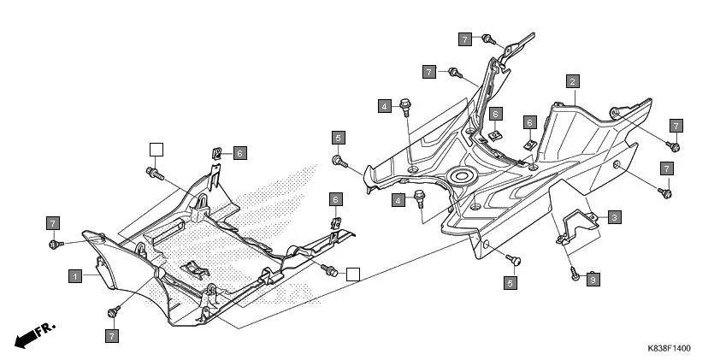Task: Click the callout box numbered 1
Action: tap(76, 276)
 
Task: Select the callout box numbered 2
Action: tap(573, 82)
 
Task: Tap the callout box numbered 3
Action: tap(615, 218)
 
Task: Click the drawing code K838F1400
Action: tap(669, 349)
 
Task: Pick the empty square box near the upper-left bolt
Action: tap(156, 150)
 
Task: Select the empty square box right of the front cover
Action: tap(352, 274)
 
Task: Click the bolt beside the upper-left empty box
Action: tap(155, 173)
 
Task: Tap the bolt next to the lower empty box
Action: tap(328, 271)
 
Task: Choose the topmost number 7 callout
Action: tap(464, 39)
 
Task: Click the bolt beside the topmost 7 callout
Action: tap(487, 39)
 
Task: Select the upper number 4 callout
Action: tap(387, 106)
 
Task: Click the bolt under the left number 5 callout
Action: tap(339, 160)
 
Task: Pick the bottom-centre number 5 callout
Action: tap(510, 281)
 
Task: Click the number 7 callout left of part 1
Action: tap(52, 224)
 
